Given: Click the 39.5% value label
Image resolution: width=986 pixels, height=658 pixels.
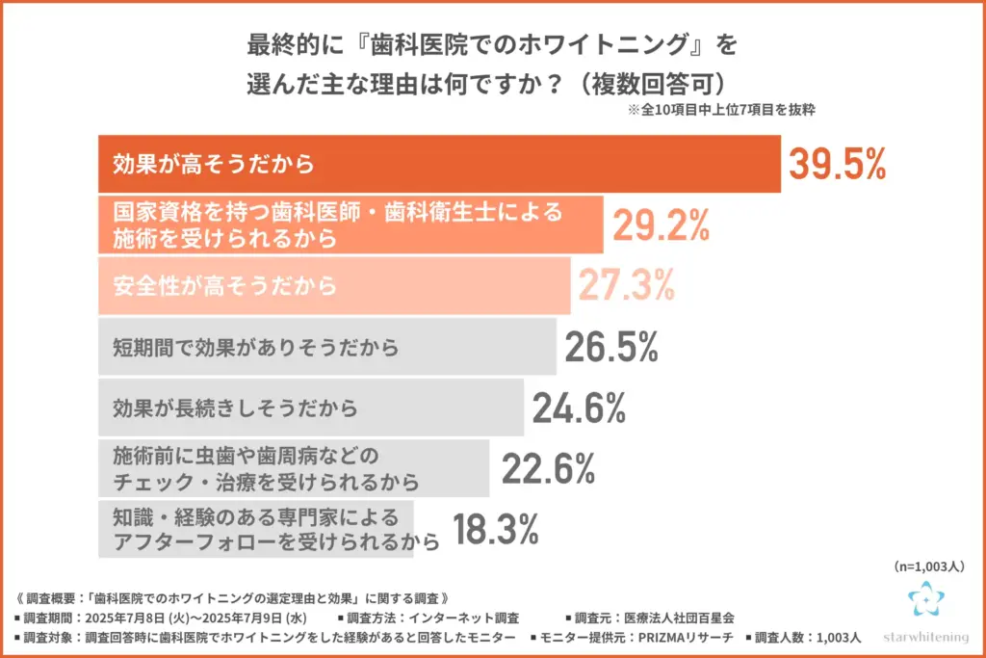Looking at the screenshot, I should click(x=837, y=165).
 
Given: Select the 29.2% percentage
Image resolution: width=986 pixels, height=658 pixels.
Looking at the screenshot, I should click(x=662, y=224).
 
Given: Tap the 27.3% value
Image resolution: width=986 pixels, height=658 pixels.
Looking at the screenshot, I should click(x=627, y=285).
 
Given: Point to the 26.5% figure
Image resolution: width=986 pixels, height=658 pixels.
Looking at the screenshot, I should click(x=611, y=346).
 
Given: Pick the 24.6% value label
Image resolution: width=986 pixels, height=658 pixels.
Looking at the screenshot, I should click(x=579, y=408).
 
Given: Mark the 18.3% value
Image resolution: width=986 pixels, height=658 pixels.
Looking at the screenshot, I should click(x=495, y=529).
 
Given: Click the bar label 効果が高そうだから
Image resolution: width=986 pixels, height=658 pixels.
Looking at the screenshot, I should click(x=214, y=164).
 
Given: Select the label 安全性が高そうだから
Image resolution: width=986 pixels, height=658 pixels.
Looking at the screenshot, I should click(x=225, y=285).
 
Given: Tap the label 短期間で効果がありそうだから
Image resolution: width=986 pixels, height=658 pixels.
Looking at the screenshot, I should click(x=256, y=347).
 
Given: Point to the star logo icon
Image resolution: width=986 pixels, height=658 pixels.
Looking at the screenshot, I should click(x=926, y=599).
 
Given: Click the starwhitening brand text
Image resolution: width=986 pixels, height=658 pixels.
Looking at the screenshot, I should click(x=926, y=638).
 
